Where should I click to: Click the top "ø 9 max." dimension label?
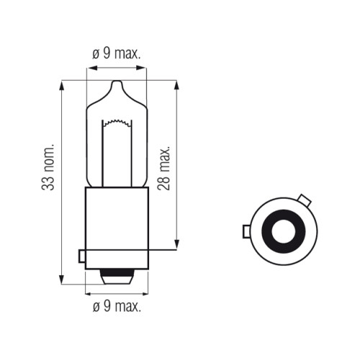pyautogui.click(x=117, y=53)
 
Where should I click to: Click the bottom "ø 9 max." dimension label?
pyautogui.click(x=117, y=306)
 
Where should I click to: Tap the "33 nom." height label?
pyautogui.click(x=48, y=167)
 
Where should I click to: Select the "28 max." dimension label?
pyautogui.click(x=163, y=168)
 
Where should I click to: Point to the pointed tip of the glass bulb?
pyautogui.click(x=117, y=81)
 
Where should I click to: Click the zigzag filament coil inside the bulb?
pyautogui.click(x=117, y=122)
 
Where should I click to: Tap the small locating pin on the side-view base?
pyautogui.click(x=81, y=256)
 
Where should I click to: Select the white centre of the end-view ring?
pyautogui.click(x=284, y=231)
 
